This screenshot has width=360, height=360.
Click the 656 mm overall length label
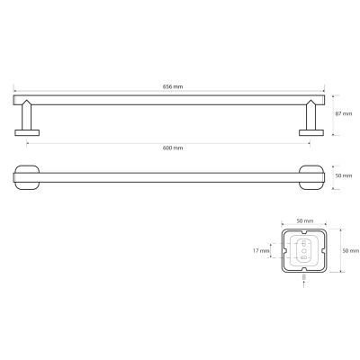point(173,86)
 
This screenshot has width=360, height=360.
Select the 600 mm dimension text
point(173,148)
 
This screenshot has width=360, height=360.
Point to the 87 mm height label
point(344,113)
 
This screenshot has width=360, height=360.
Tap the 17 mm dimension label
point(261,250)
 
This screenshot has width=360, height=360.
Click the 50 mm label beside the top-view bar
point(344,175)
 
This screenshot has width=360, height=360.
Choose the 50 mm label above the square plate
point(305,221)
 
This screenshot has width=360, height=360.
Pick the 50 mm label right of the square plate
point(351,251)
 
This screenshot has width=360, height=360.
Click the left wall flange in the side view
point(27,132)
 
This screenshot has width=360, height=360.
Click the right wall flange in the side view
point(311,132)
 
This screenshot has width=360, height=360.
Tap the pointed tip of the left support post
point(27,100)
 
